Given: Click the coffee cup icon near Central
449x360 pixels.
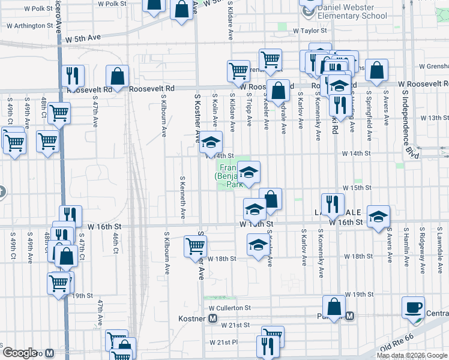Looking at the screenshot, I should pyautogui.click(x=412, y=308).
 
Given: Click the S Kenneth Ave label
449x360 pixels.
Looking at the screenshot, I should pyautogui.click(x=182, y=197).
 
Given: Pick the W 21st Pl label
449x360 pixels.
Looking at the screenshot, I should pyautogui.click(x=224, y=342).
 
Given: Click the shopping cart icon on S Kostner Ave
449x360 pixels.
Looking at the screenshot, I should pyautogui.click(x=195, y=246).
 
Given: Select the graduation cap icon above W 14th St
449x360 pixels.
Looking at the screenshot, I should pyautogui.click(x=211, y=143).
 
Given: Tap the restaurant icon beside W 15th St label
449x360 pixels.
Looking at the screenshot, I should pyautogui.click(x=332, y=204).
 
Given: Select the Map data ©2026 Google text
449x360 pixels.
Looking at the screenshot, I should pyautogui.click(x=411, y=355).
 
